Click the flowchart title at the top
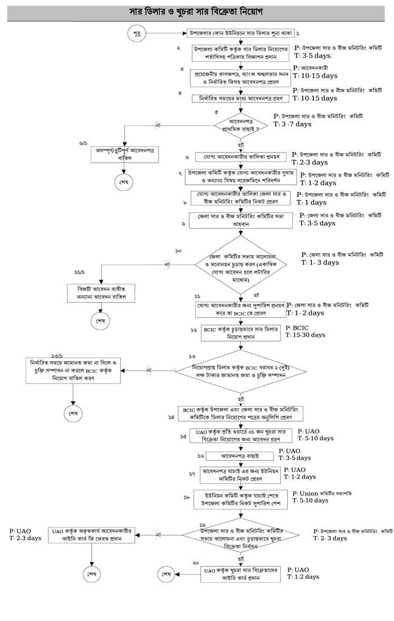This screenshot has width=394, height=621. [x=197, y=11]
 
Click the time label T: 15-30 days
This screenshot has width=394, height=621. [x=305, y=335]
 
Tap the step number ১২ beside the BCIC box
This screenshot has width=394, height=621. [x=192, y=329]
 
